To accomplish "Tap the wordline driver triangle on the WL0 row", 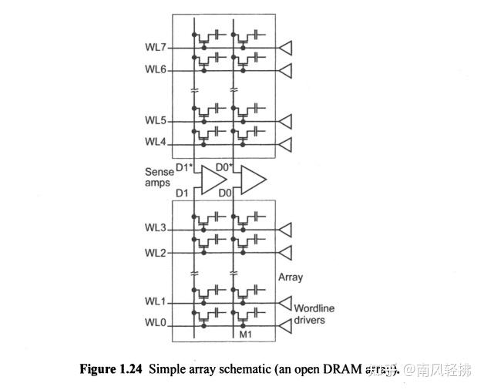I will (286, 326).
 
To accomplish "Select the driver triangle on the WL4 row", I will (286, 144).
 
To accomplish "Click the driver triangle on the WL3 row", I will (286, 230).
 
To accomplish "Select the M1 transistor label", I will (246, 335).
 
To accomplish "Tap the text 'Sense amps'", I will (159, 177).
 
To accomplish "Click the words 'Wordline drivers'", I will (314, 314).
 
